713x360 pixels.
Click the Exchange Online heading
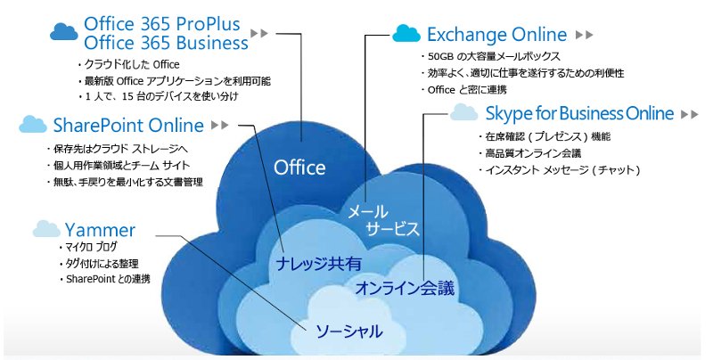(496, 35)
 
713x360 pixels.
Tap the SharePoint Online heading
(128, 126)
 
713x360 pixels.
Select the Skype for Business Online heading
(579, 114)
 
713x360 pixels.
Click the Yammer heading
(100, 230)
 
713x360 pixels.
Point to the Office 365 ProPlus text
(162, 24)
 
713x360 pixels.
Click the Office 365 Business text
(166, 43)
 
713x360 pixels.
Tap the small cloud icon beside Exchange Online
(406, 33)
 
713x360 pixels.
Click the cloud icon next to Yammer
(46, 229)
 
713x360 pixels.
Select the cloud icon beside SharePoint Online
(33, 124)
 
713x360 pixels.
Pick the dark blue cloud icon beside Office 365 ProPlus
(64, 32)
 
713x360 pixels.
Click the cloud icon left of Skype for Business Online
(463, 111)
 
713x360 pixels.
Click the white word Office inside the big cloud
(299, 168)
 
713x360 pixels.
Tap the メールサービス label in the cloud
(383, 220)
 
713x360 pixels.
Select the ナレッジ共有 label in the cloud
(319, 264)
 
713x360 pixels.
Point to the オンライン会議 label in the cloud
(405, 288)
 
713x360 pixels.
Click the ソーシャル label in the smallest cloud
(348, 331)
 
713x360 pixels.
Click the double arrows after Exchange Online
(585, 35)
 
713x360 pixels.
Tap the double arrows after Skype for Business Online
(689, 114)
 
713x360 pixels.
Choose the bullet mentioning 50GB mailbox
(490, 56)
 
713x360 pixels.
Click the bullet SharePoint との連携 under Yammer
(105, 279)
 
